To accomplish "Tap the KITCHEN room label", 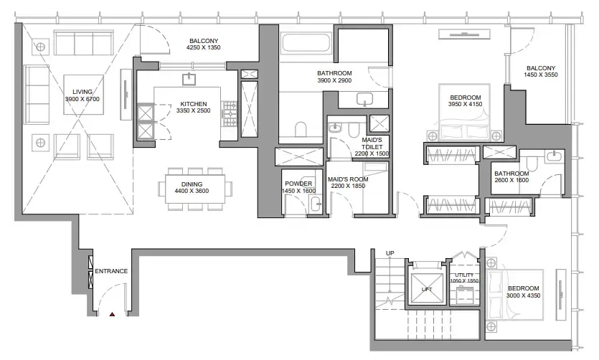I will tap(194, 103).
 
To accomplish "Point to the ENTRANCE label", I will tap(111, 271).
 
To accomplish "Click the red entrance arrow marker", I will tap(111, 313).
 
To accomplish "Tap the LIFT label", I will tap(427, 289).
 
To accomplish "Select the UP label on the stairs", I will tap(390, 253).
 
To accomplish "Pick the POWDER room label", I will tap(299, 184).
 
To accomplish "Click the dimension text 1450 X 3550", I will tap(539, 75).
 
